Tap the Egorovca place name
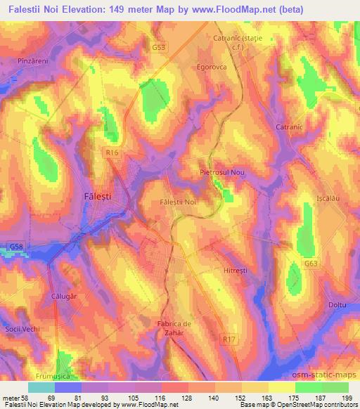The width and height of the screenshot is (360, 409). click(x=210, y=68)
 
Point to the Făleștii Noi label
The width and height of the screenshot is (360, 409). click(x=181, y=202)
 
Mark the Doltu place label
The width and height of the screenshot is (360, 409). click(x=338, y=305)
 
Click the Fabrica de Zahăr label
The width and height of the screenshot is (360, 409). click(x=173, y=328)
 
